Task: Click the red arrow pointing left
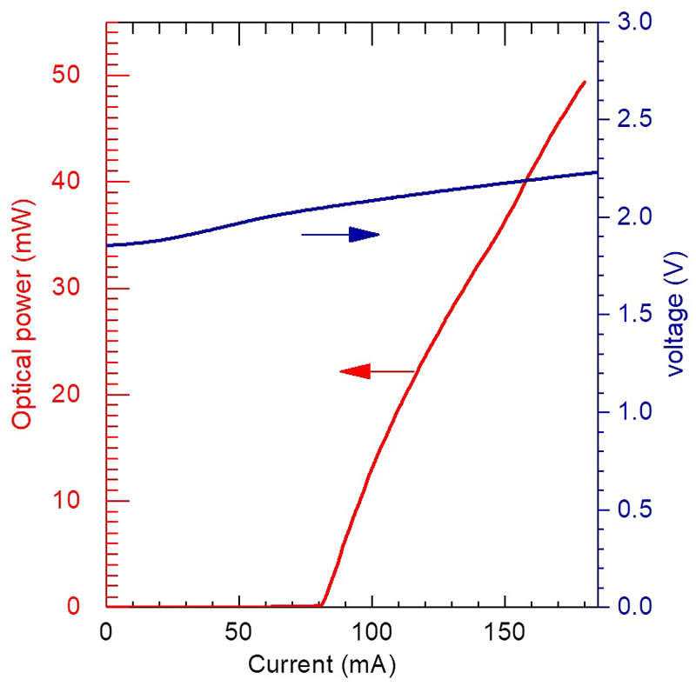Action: (376, 372)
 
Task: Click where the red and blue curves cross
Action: (525, 181)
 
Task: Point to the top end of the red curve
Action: (584, 82)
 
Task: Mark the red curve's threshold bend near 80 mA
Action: (322, 603)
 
